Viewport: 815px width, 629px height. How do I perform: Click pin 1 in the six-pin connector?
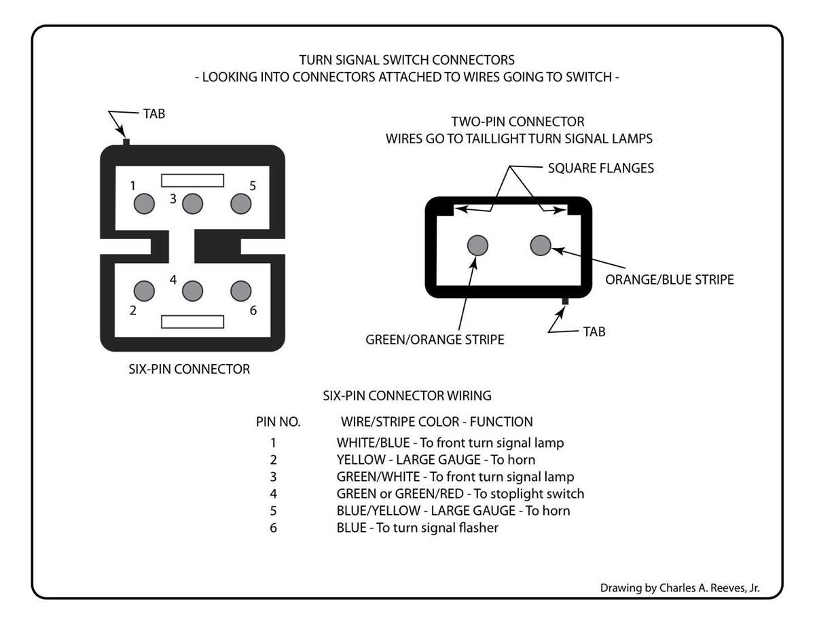click(144, 204)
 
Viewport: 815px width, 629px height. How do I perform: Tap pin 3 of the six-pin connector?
click(192, 204)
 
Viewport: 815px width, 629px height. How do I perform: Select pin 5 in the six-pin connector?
click(241, 204)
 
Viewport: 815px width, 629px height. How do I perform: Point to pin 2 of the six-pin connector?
click(144, 291)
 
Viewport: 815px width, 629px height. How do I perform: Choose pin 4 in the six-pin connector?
click(192, 291)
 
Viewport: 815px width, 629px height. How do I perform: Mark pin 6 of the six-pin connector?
click(241, 291)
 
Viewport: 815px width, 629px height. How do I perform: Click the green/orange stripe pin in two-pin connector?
click(477, 245)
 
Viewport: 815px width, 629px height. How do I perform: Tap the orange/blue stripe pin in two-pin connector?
click(541, 245)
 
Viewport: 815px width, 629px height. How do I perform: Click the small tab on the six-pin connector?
click(126, 142)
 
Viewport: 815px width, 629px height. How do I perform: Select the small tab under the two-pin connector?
click(565, 301)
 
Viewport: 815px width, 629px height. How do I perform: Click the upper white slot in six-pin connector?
click(192, 181)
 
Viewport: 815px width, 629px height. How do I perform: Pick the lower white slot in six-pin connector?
click(192, 322)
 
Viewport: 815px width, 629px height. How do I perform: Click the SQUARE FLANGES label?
click(600, 168)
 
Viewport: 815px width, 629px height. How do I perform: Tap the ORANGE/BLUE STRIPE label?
click(670, 279)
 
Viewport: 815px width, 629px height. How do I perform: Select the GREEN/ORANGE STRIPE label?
click(435, 340)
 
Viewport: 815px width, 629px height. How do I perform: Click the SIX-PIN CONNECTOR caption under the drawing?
click(189, 369)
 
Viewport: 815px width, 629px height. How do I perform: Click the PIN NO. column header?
click(278, 422)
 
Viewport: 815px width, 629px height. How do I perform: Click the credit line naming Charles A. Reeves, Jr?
click(680, 588)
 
